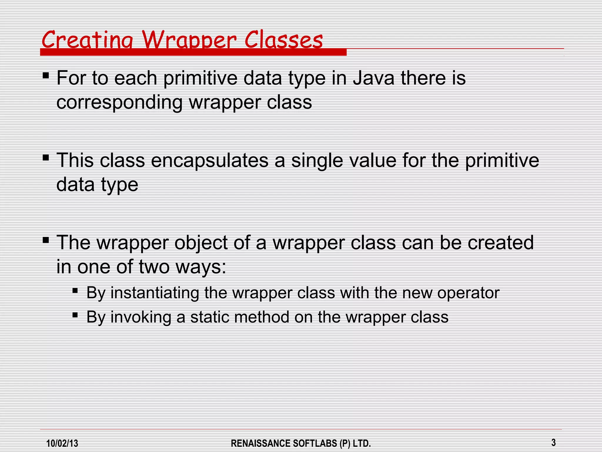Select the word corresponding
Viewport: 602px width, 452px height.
pos(119,103)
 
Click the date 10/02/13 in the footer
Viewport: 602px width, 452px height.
pos(62,443)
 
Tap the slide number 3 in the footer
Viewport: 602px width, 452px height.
pos(553,442)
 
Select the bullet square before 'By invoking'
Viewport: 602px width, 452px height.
pos(75,315)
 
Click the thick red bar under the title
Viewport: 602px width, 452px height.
pos(193,52)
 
